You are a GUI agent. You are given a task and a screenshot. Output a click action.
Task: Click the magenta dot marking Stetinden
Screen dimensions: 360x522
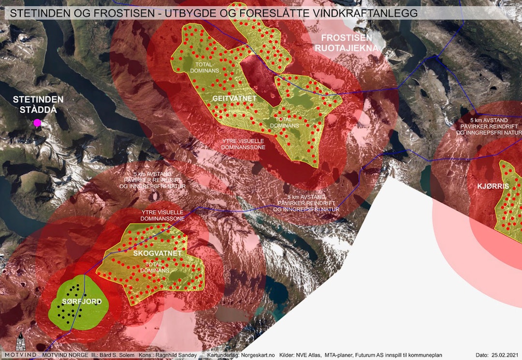[x=37, y=123]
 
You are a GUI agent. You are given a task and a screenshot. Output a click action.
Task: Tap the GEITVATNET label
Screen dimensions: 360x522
[x=234, y=99]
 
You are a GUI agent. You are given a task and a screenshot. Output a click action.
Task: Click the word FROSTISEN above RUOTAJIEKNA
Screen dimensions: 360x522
[x=347, y=38]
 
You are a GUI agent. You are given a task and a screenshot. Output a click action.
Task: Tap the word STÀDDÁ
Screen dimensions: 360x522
[x=38, y=110]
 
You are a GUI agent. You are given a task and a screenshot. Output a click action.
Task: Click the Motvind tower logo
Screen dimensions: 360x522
[x=20, y=344]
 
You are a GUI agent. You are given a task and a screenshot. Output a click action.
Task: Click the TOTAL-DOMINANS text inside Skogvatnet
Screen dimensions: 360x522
[x=155, y=267]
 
